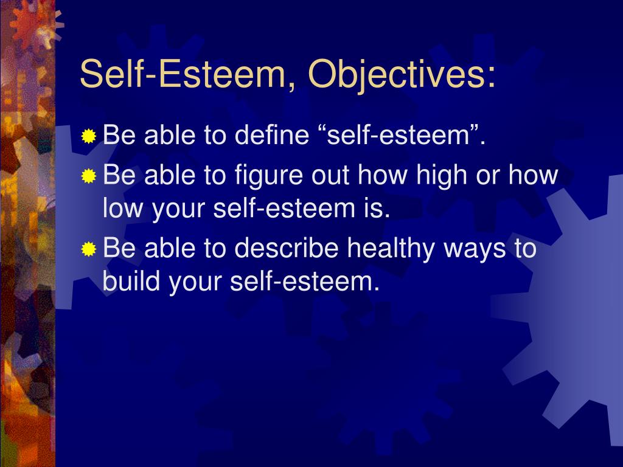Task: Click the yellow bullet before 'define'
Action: point(89,136)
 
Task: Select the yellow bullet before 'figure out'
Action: point(89,176)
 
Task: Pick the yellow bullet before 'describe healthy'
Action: point(89,249)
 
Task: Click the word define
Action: point(272,134)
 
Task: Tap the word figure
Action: point(268,176)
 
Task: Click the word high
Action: point(441,176)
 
